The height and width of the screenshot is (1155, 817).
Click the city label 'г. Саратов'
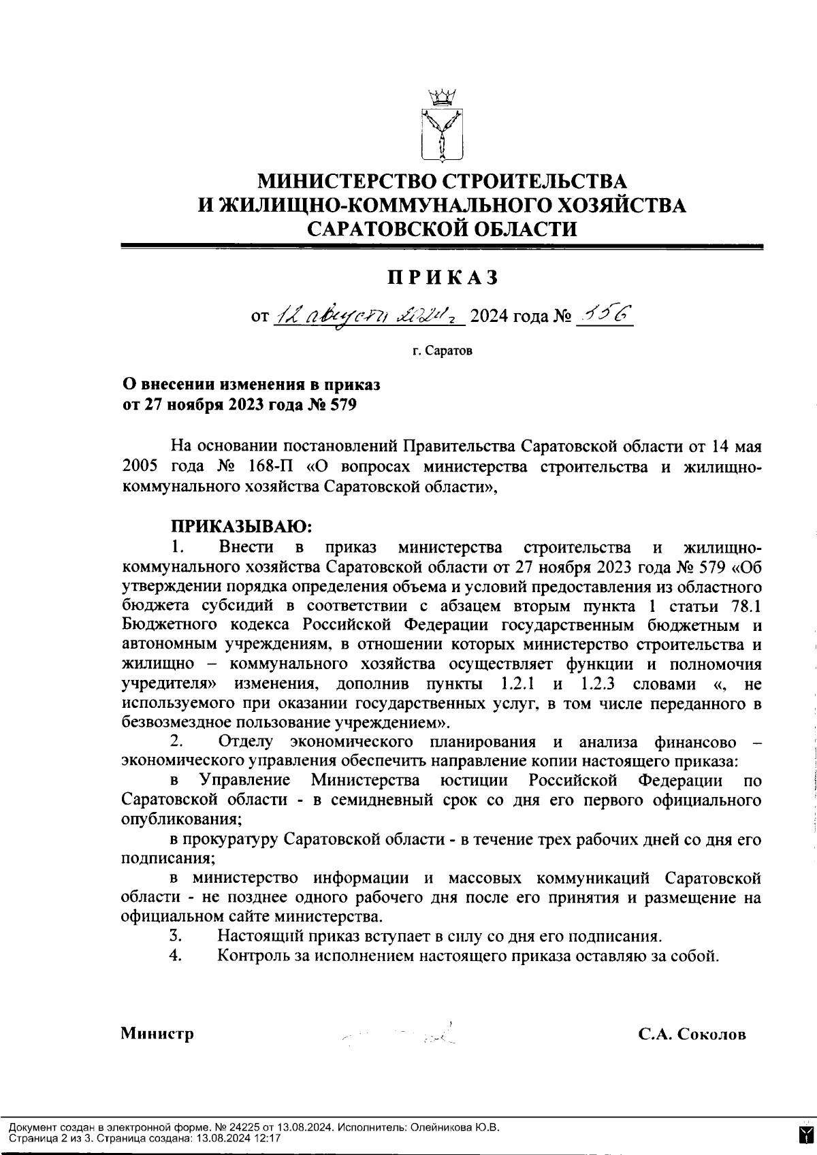coord(442,352)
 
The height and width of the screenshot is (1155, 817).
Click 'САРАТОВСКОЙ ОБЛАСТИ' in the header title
coord(442,229)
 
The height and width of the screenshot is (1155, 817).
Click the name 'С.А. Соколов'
coord(692,1035)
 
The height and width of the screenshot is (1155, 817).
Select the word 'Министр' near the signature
coord(157,1034)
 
